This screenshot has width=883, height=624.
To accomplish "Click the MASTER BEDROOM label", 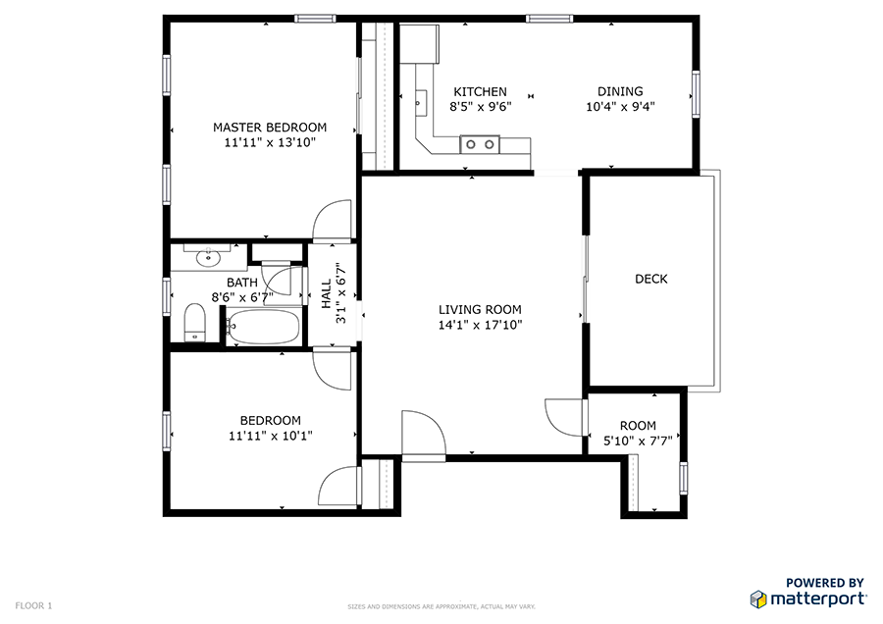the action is click(x=270, y=128).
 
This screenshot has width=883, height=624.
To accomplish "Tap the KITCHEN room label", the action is click(x=481, y=92).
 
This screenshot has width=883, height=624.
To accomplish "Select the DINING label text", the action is click(x=620, y=91).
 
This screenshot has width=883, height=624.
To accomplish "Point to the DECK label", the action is click(x=651, y=279).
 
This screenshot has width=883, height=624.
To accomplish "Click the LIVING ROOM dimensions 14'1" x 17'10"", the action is click(x=481, y=325).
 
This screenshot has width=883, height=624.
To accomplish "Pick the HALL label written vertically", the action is click(x=327, y=293).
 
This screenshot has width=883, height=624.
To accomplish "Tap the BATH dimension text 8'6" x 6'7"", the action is click(x=242, y=297).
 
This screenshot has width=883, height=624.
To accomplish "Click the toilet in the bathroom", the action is click(x=195, y=323).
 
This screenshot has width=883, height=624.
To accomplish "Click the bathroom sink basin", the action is click(x=208, y=258).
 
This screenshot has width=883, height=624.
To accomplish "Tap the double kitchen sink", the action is click(x=480, y=145).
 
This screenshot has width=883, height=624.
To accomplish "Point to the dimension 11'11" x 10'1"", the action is click(x=271, y=436).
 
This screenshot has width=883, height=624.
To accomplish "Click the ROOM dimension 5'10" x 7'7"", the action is click(x=638, y=441).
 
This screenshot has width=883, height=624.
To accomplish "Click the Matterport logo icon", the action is click(x=758, y=599).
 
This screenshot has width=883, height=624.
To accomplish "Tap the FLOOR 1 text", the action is click(x=33, y=606).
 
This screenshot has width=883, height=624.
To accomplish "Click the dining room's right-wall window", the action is click(x=696, y=94).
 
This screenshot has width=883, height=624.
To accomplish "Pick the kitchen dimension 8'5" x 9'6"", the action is click(x=481, y=106).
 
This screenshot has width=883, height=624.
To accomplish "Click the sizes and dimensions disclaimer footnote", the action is click(x=441, y=606).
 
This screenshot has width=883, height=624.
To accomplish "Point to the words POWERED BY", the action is click(x=825, y=583).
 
